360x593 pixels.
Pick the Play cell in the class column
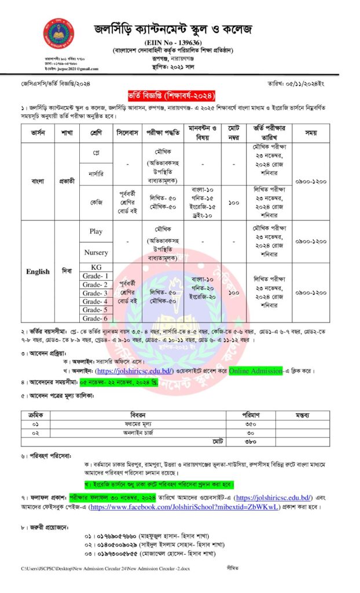click(x=95, y=231)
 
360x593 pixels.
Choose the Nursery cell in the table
click(x=95, y=252)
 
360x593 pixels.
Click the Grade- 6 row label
click(x=95, y=318)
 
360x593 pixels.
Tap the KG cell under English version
click(x=95, y=267)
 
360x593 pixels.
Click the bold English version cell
click(x=38, y=272)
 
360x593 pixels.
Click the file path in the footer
click(x=110, y=569)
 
